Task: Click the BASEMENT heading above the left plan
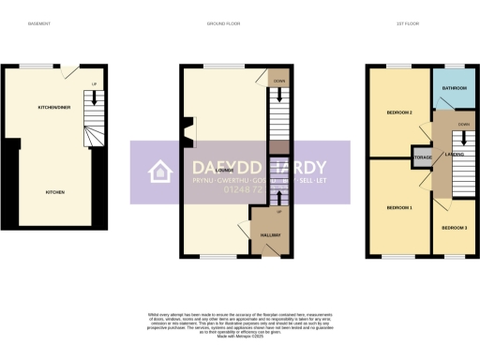(38, 22)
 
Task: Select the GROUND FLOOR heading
(224, 22)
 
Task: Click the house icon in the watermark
(160, 172)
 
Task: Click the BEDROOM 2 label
(400, 113)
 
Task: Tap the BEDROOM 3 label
(455, 227)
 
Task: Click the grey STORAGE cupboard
(422, 157)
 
